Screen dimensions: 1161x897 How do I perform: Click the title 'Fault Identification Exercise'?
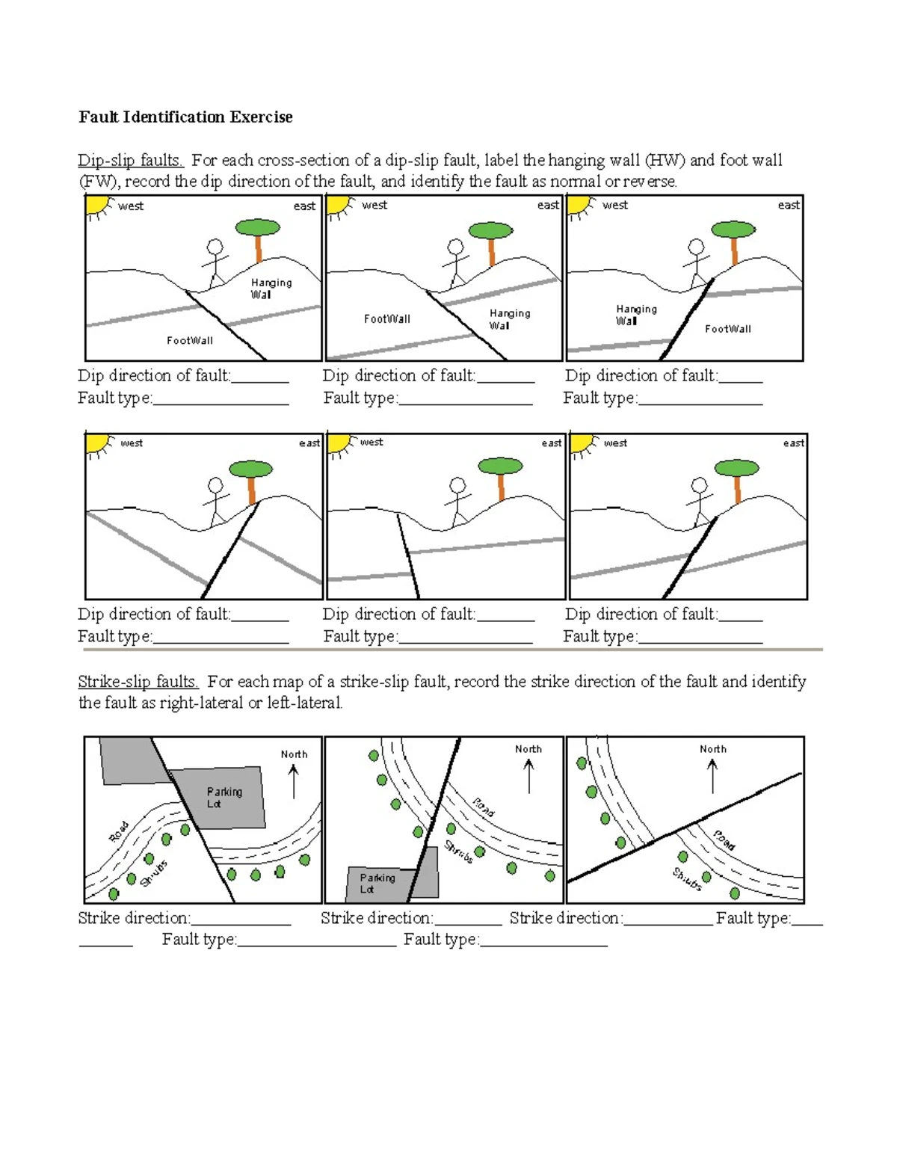185,117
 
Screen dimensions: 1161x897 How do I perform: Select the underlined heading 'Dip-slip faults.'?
130,160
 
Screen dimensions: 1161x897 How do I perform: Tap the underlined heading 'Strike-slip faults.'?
138,681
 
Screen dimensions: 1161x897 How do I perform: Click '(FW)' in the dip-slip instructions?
98,181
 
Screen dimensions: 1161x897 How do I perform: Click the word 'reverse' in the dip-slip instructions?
649,181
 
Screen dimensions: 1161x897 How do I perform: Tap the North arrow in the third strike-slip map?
712,776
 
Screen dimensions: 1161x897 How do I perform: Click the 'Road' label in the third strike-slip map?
724,840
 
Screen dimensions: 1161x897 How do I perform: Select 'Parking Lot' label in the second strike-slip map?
377,883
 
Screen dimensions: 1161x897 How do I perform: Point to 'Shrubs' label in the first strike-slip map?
155,873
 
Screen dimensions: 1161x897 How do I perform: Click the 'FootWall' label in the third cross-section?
727,328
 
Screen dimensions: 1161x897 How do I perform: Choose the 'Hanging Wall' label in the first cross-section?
271,288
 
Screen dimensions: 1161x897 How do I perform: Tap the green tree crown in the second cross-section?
490,230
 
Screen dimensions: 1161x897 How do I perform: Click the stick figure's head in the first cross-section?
215,247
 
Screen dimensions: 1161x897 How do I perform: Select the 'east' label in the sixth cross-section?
793,443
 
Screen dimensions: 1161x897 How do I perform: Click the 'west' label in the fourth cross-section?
132,443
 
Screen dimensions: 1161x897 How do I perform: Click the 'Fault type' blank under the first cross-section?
221,398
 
